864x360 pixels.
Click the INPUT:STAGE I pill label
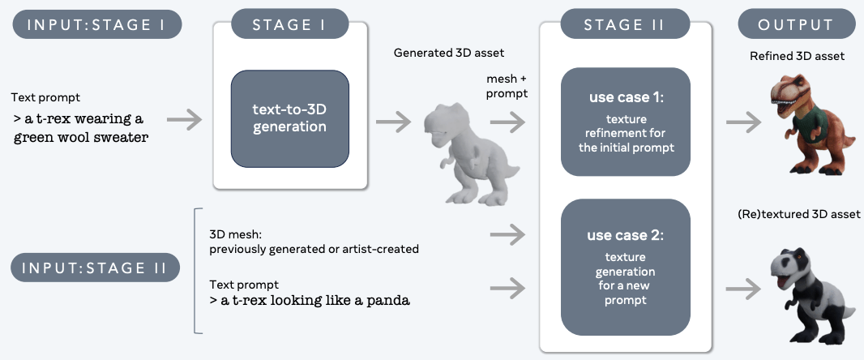[97, 25]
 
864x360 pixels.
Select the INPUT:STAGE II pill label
[96, 268]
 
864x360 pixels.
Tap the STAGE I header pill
[290, 25]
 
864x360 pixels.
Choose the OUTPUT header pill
[795, 25]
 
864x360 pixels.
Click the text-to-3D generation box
[290, 118]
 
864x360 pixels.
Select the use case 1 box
[626, 122]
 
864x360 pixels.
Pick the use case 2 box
[626, 267]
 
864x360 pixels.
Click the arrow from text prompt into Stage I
[185, 120]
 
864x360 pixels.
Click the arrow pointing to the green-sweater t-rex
[744, 122]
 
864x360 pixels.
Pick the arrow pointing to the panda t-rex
[744, 287]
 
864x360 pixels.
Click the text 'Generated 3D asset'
[449, 53]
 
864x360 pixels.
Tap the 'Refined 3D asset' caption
[798, 56]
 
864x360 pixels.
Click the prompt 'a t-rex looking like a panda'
[310, 301]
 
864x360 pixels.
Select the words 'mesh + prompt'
[507, 86]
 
